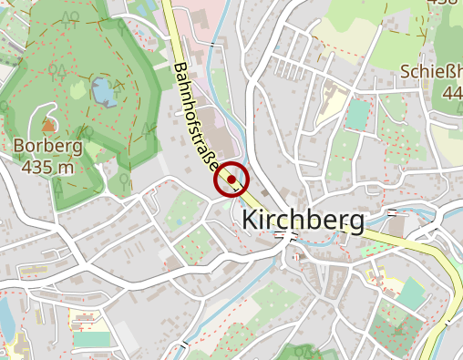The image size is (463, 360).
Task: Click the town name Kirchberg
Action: click(x=303, y=221)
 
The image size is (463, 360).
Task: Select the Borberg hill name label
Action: click(x=47, y=146)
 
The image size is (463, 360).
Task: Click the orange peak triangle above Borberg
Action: click(x=46, y=123)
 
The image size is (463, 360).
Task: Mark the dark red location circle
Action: click(x=232, y=180)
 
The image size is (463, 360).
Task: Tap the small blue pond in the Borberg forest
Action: click(x=103, y=90)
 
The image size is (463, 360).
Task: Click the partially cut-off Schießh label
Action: click(x=431, y=71)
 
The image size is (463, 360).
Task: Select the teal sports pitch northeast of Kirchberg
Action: click(x=357, y=114)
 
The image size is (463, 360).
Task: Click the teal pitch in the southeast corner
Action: click(x=412, y=293)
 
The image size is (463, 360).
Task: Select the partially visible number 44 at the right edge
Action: click(x=452, y=92)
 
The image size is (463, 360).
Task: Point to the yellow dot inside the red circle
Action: click(x=233, y=180)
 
